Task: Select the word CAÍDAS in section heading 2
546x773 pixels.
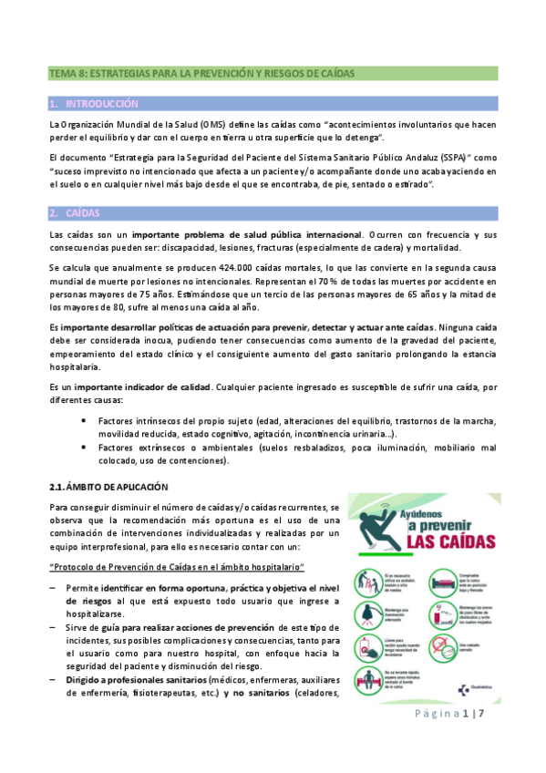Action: (84, 213)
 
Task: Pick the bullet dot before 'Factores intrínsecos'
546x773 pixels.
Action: (85, 420)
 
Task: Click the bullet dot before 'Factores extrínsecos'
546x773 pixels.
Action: (85, 448)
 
